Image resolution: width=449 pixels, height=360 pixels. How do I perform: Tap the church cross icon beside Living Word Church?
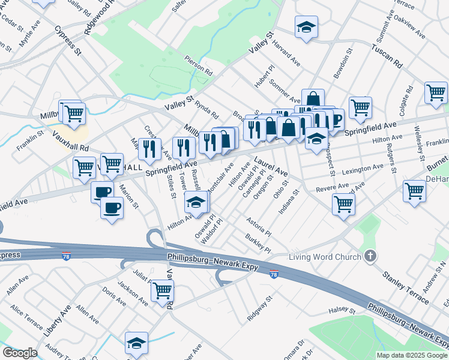pos(370,257)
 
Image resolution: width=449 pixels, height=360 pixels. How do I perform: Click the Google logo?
pos(20,353)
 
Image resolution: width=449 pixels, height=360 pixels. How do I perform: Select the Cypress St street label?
pos(68,40)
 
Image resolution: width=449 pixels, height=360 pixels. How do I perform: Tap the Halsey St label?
pos(342,311)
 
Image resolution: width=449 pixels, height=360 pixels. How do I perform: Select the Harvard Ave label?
pos(286,53)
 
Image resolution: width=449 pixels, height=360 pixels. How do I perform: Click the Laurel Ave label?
pos(271,167)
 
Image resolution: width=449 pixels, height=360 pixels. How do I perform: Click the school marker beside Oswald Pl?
pos(196,202)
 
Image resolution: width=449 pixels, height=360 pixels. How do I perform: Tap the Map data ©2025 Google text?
pos(412,355)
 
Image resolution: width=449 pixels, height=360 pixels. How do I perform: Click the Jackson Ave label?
pos(132,292)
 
